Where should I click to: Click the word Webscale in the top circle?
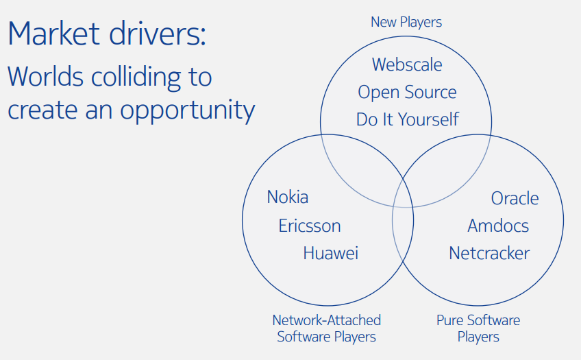tap(407, 64)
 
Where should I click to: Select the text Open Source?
tap(407, 92)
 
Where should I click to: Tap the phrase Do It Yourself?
tap(407, 119)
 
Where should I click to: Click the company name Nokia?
tap(288, 197)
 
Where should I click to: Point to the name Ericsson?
tap(310, 226)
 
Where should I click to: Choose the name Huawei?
tap(331, 253)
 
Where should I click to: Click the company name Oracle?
tap(515, 198)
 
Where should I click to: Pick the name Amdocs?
tap(498, 226)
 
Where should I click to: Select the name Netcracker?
tap(489, 253)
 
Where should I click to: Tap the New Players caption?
tap(406, 22)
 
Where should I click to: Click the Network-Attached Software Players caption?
tap(327, 328)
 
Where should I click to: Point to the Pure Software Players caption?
tap(478, 328)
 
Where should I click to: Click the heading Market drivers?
tap(106, 34)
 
